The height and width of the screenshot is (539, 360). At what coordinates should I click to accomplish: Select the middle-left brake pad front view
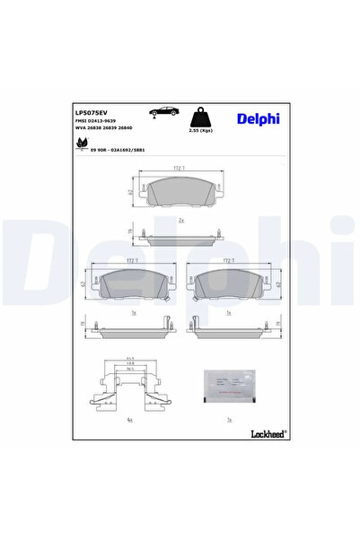132,284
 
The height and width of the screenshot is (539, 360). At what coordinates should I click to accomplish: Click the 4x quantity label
131,419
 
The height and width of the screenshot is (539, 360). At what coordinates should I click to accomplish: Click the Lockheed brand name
266,434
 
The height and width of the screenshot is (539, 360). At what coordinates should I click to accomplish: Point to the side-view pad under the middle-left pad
132,327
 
